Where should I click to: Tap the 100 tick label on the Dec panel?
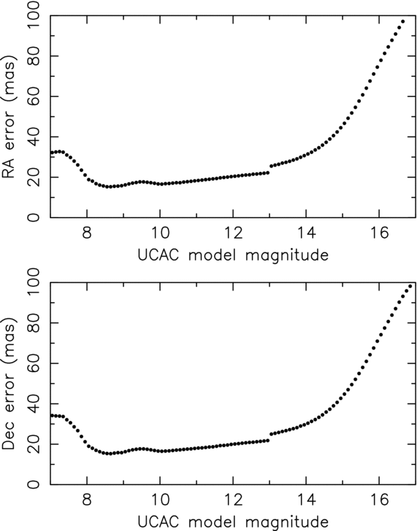35,283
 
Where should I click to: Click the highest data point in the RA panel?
402,21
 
